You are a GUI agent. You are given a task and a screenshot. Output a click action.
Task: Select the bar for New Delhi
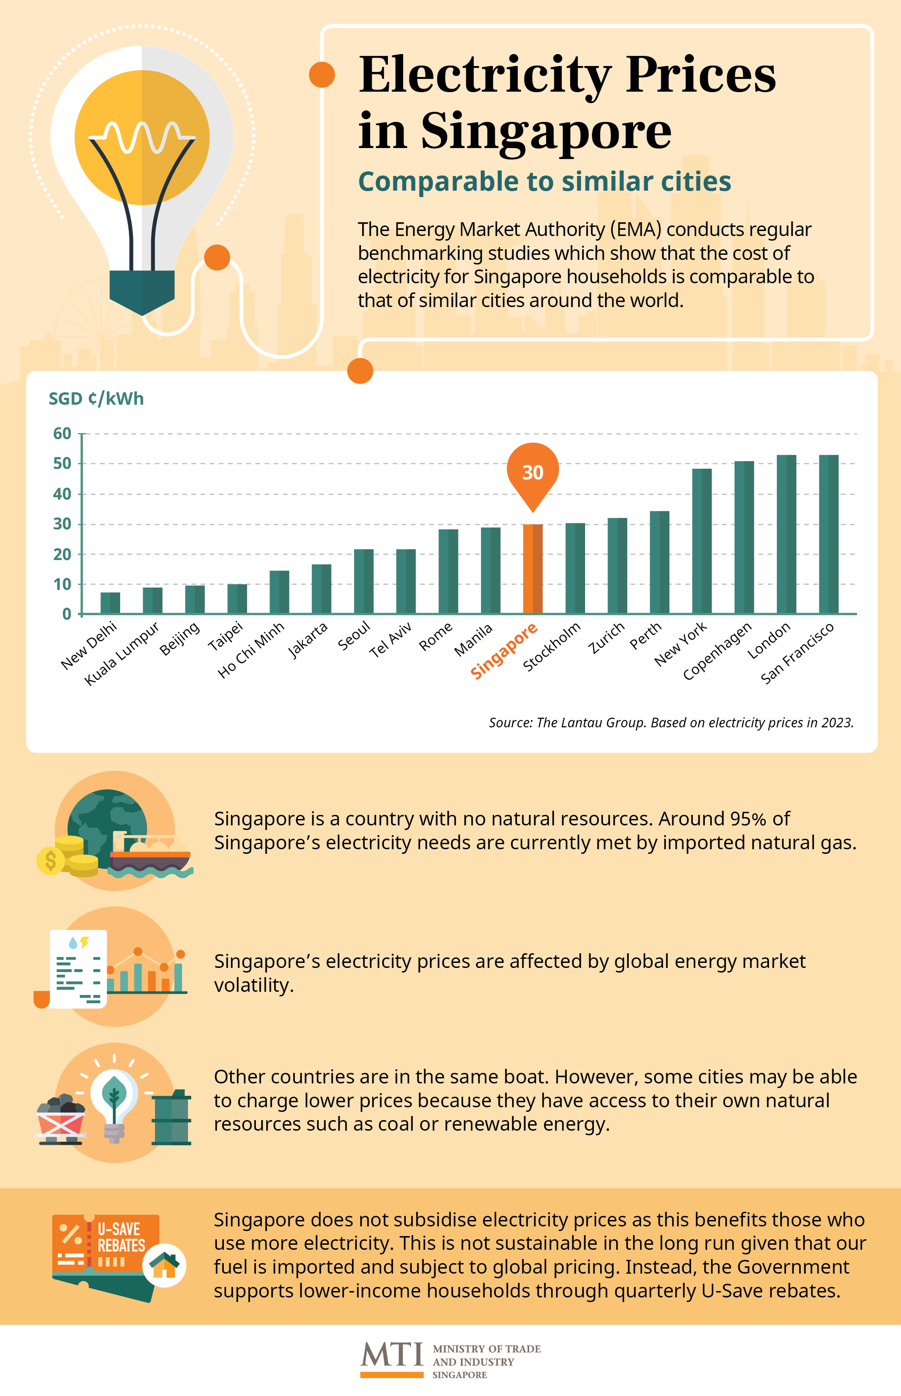coord(110,603)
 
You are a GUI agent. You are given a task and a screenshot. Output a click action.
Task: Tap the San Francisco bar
coord(829,534)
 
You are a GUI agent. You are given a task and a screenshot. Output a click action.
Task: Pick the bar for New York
coord(702,541)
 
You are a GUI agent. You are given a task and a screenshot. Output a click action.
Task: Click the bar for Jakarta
coord(321,589)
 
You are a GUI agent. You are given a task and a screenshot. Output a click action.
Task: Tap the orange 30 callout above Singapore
coord(532,472)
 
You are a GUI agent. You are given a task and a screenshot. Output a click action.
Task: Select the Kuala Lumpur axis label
coord(122,654)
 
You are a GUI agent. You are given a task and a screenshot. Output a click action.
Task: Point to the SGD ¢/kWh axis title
coord(96,399)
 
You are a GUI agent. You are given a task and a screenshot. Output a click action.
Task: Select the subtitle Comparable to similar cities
coord(544,182)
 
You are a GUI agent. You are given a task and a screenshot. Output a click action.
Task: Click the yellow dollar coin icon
coord(51,861)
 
